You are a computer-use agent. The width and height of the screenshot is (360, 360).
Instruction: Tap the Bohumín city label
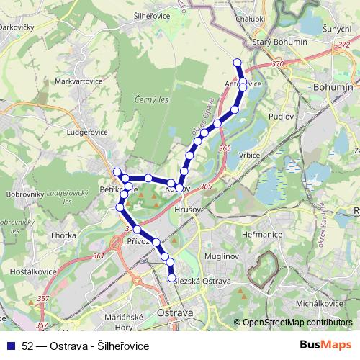tap(333, 86)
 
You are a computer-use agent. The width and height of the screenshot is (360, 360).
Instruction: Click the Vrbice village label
tap(249, 155)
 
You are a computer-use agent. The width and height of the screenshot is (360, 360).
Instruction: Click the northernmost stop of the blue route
tap(238, 62)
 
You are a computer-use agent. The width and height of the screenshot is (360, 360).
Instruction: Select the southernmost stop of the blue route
tap(171, 278)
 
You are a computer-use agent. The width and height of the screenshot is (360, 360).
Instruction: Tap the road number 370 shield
tap(278, 64)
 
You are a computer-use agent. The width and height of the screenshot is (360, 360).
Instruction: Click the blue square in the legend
tap(10, 346)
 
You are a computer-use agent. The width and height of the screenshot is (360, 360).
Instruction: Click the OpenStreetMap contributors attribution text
tap(297, 322)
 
